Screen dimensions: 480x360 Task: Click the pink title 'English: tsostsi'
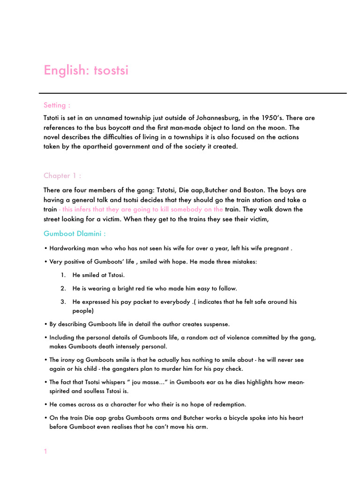pyautogui.click(x=86, y=70)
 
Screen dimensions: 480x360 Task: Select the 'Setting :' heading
pyautogui.click(x=57, y=105)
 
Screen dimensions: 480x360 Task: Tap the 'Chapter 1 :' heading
pyautogui.click(x=62, y=176)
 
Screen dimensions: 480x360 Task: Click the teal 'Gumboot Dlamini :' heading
pyautogui.click(x=75, y=233)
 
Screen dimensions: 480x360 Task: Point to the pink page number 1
pyautogui.click(x=45, y=451)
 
